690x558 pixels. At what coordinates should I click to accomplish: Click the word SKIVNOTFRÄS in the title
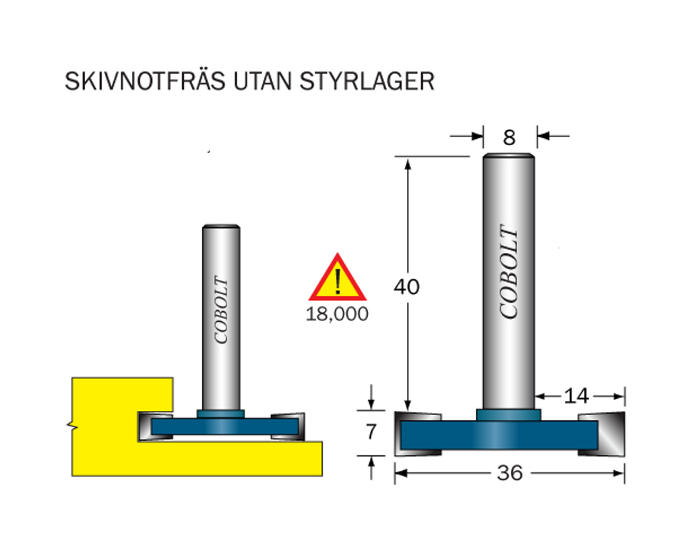coord(146,81)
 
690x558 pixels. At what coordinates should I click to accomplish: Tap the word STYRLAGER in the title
coord(367,82)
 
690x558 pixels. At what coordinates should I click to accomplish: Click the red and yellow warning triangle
coord(338,277)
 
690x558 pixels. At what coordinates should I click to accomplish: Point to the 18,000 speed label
coord(337,314)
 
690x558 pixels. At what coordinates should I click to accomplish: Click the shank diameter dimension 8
coord(509,138)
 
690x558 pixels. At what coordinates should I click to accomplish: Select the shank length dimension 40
coord(406,287)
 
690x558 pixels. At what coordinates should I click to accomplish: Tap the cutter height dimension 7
coord(371,432)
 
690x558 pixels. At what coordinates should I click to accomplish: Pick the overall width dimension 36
coord(510,474)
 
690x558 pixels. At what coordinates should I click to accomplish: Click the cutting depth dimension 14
coord(576,396)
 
